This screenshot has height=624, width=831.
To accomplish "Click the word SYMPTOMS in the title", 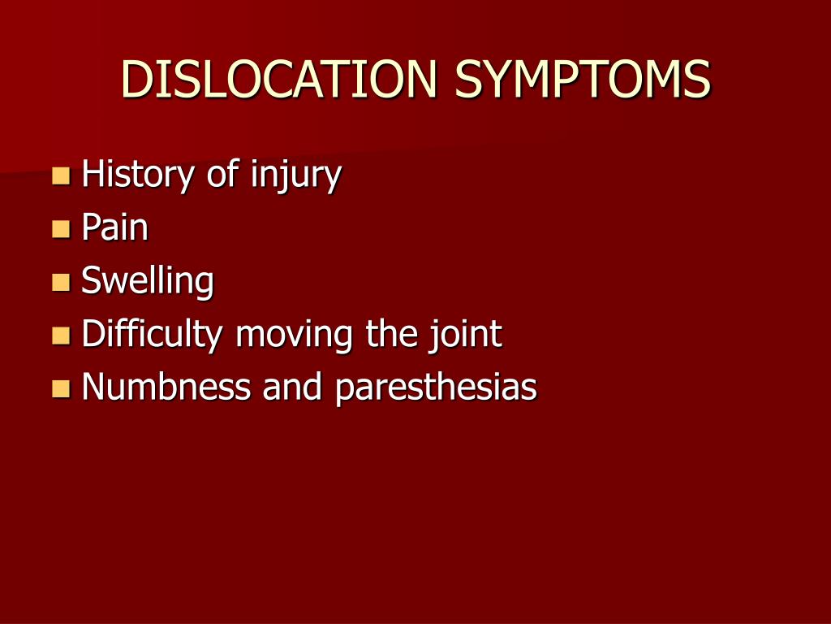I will point(582,80).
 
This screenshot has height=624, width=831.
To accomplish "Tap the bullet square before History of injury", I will point(61,175).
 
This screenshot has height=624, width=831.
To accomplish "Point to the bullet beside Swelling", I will point(61,282).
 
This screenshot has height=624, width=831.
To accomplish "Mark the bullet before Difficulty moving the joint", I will point(61,335).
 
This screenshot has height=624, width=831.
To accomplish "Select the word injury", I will point(295,176).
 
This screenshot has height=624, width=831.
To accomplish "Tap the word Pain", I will point(115,228).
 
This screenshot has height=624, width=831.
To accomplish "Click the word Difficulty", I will point(152,336).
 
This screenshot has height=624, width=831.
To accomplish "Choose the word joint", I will point(466,336).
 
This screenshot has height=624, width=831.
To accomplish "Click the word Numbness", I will point(166,388).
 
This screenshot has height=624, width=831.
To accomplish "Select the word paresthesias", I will point(436,388).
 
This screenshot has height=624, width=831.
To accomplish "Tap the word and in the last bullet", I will point(294,388).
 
